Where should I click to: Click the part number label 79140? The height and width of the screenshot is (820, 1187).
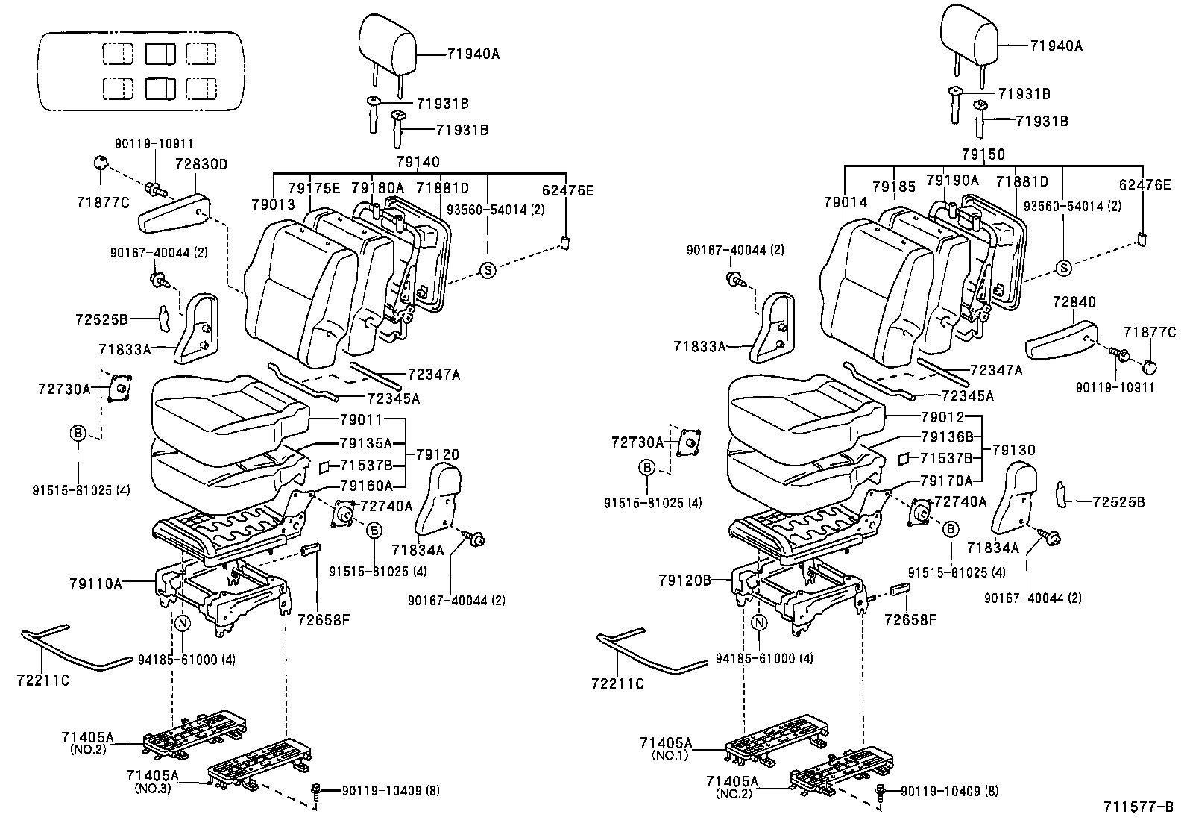click(418, 162)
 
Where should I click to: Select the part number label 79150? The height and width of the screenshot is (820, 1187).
click(983, 154)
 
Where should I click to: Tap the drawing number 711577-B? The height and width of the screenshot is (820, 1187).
click(1139, 807)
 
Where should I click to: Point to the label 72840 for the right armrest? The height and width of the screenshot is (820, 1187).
click(1074, 302)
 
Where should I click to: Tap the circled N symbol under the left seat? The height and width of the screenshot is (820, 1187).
click(183, 623)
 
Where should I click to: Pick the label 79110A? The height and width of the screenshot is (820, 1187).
click(95, 583)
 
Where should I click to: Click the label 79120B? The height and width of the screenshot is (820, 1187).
click(685, 579)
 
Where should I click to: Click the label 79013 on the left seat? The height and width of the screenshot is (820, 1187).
click(273, 204)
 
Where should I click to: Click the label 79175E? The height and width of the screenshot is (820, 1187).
click(314, 188)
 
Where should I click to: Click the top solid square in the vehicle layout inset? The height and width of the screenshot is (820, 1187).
click(160, 54)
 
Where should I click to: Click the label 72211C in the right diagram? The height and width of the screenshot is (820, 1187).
click(617, 683)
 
